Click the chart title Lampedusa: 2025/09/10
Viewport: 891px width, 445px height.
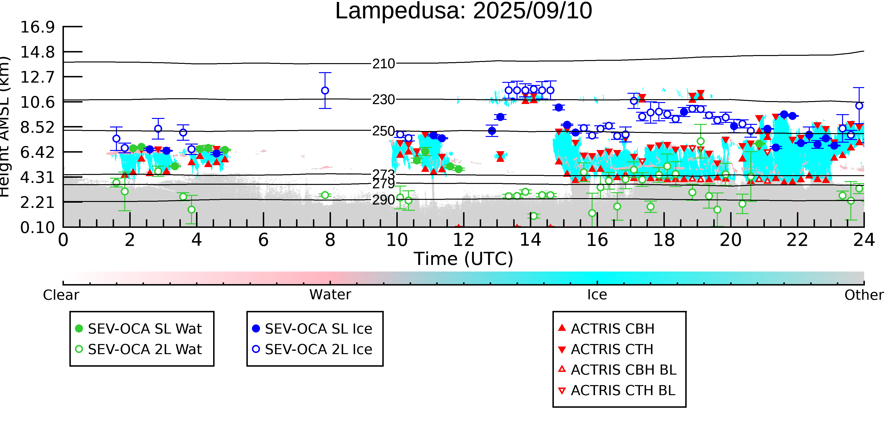464,11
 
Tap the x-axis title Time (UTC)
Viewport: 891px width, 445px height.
464,259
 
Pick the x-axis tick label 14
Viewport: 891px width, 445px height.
530,240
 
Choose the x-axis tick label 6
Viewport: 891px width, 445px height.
263,240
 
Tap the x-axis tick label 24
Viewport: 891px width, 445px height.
864,240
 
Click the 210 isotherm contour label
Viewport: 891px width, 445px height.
383,64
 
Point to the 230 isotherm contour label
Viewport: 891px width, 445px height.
383,100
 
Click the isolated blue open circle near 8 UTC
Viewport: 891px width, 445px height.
325,90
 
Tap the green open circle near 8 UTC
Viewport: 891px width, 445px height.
325,195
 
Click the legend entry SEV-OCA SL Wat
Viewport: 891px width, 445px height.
138,328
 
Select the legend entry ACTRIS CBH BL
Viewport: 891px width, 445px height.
618,370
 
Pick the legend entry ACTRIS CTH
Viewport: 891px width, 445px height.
606,349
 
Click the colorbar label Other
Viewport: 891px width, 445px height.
864,295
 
